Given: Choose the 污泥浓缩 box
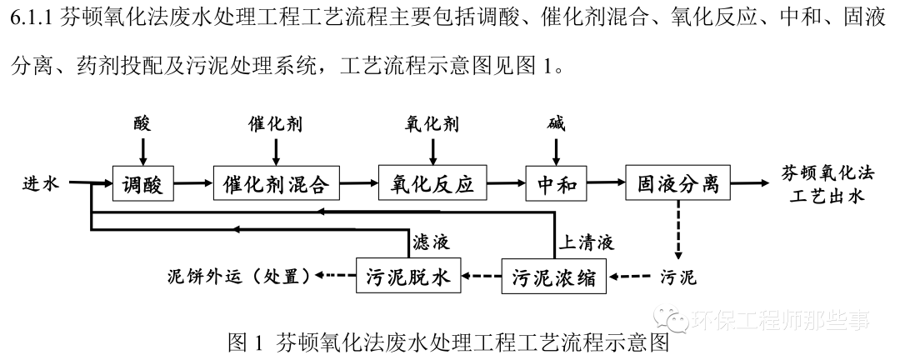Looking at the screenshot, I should click(x=554, y=275).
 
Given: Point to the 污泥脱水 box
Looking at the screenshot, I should click(x=408, y=275).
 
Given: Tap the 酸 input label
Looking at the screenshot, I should click(x=142, y=125).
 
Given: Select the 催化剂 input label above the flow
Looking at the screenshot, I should click(x=275, y=125).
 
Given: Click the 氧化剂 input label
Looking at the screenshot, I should click(x=432, y=125).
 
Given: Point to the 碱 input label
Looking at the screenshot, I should click(x=556, y=125).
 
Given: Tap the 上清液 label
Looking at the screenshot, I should click(x=586, y=242).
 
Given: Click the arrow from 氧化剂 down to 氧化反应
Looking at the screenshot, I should click(x=432, y=151).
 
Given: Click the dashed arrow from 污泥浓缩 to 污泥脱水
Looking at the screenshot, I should click(x=482, y=275).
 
